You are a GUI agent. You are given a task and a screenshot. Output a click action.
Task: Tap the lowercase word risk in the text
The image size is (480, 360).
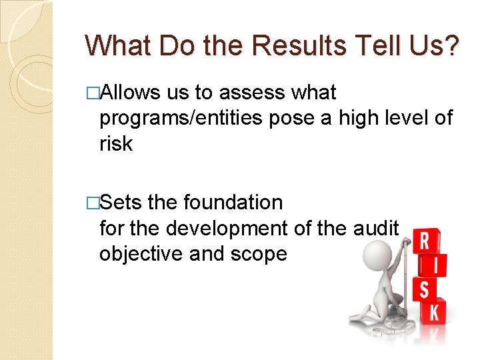click(x=115, y=143)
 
